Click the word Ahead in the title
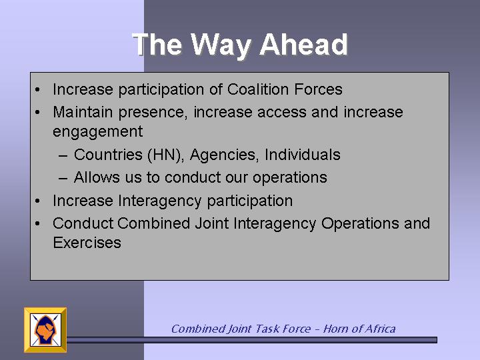(x=304, y=45)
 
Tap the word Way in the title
(x=221, y=46)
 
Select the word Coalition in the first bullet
(x=258, y=89)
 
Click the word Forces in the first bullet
(x=318, y=89)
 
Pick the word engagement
(x=97, y=132)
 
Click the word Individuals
(x=303, y=154)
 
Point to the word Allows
(x=97, y=177)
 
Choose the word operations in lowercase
(x=289, y=178)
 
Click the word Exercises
(x=87, y=243)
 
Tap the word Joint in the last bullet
(x=212, y=223)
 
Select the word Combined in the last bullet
(x=153, y=223)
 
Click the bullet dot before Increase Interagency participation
(x=37, y=201)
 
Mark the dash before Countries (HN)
(x=63, y=155)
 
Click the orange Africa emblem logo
(x=45, y=330)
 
